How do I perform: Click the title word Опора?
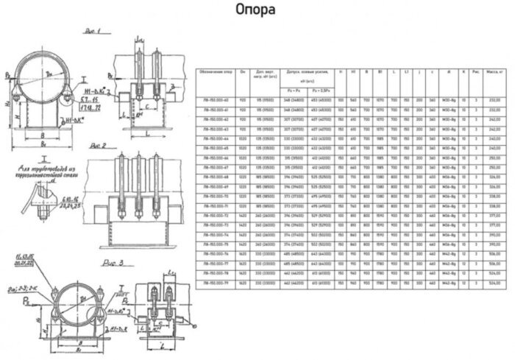[256, 10]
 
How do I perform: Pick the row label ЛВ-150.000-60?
[213, 99]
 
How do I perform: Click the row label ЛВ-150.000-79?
[213, 280]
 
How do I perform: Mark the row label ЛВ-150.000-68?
[213, 175]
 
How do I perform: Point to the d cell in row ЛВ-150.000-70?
[449, 194]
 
